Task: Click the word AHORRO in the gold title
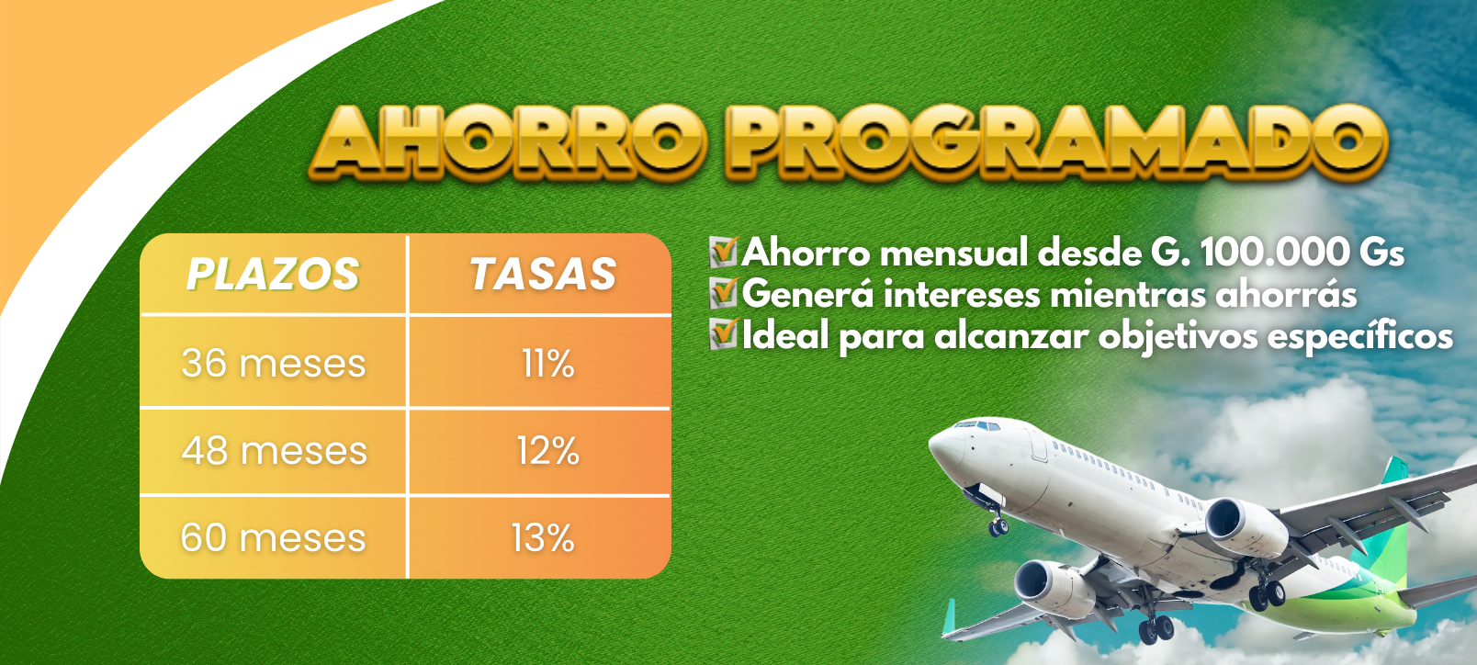pyautogui.click(x=508, y=141)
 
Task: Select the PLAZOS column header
pyautogui.click(x=273, y=274)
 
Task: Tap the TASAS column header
pyautogui.click(x=543, y=274)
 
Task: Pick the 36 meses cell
pyautogui.click(x=274, y=363)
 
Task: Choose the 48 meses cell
pyautogui.click(x=275, y=451)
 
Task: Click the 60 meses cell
pyautogui.click(x=274, y=537)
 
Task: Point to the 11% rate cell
pyautogui.click(x=548, y=363)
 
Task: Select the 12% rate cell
pyautogui.click(x=548, y=451)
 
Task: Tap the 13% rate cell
pyautogui.click(x=544, y=537)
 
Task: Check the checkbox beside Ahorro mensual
pyautogui.click(x=723, y=252)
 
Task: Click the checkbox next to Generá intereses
pyautogui.click(x=723, y=293)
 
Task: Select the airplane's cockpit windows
pyautogui.click(x=980, y=426)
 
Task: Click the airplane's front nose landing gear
pyautogui.click(x=997, y=521)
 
